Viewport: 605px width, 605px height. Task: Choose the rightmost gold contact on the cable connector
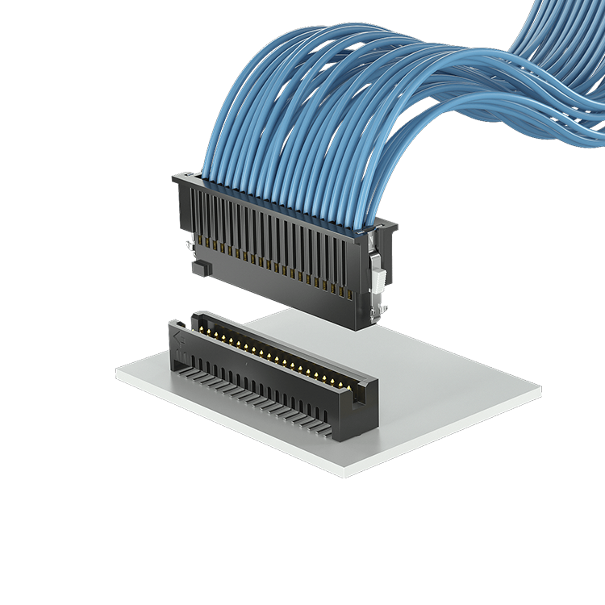pos(349,294)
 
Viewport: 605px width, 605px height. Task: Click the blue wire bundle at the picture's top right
pos(565,56)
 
